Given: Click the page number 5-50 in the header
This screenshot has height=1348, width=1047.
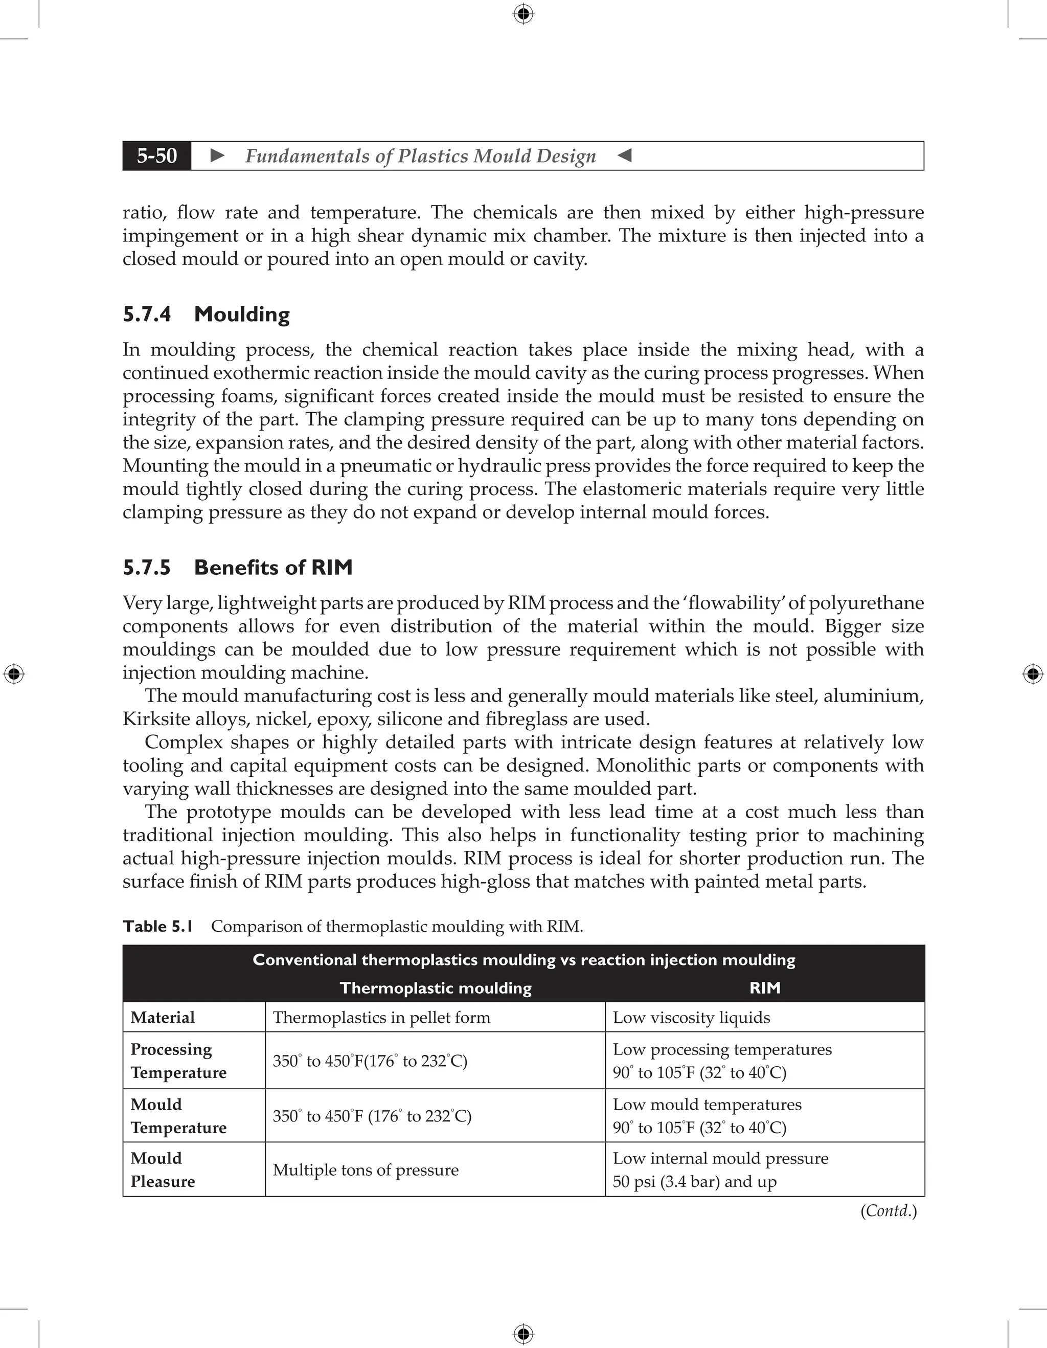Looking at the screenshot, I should (x=157, y=155).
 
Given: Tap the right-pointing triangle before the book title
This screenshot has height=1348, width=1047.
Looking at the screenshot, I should (x=217, y=155).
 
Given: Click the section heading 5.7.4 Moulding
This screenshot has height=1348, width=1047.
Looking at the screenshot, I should (x=206, y=314).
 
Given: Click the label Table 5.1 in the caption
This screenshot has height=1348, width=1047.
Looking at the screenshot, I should (x=158, y=927).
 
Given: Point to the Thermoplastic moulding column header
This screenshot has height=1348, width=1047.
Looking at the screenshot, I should (x=436, y=988).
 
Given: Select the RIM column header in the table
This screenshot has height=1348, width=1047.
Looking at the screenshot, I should (x=764, y=988).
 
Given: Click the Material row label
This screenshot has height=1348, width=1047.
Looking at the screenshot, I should (x=162, y=1017).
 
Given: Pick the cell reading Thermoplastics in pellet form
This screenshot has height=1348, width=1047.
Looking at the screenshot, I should (x=381, y=1017).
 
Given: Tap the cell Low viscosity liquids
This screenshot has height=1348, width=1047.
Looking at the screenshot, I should (x=691, y=1017).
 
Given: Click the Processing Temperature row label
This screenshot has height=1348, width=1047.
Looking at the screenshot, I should (x=178, y=1061).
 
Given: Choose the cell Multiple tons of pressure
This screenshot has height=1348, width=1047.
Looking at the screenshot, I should (x=365, y=1170).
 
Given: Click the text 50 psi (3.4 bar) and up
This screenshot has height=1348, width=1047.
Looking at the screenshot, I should (x=694, y=1181).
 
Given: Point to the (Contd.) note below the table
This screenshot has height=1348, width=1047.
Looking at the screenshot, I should (x=889, y=1210).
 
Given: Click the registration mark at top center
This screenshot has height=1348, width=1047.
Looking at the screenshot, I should (x=523, y=14).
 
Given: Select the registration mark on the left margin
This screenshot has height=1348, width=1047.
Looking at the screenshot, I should (x=14, y=674).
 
